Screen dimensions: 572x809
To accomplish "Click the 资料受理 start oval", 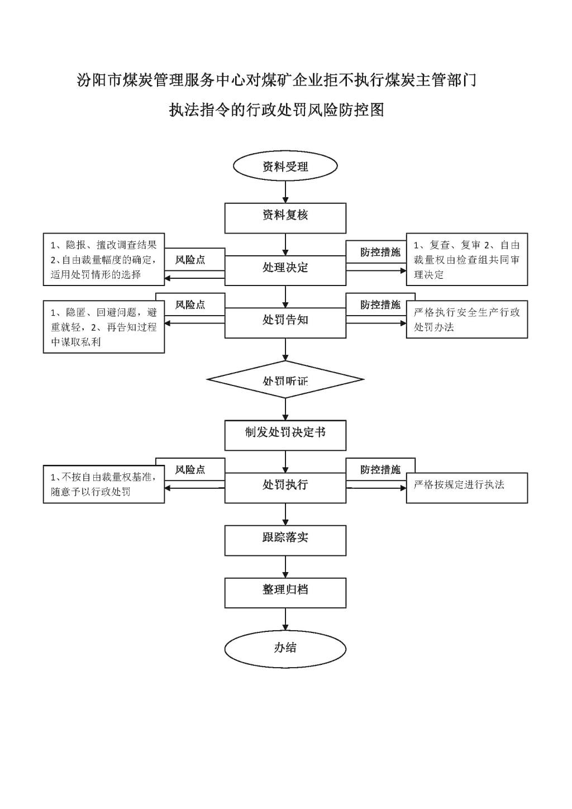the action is coord(285,166).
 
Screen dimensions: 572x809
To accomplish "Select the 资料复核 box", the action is coord(285,218).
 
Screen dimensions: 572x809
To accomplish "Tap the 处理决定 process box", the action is coord(285,270).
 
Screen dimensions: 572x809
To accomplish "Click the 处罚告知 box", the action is coord(285,322).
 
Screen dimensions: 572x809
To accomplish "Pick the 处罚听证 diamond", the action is coord(285,379).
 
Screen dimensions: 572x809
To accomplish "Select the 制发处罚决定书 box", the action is coord(285,435).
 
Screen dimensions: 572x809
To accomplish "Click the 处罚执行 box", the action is coord(285,488).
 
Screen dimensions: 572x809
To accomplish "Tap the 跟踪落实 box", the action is coord(285,540).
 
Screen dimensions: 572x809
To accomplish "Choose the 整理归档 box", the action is coord(285,593).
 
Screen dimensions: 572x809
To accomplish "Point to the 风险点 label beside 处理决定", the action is coord(190,260).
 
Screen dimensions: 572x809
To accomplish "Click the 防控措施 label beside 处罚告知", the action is coord(380,304).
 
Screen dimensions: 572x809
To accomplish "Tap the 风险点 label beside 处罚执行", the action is coord(190,469).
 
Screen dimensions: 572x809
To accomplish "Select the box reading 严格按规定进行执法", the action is coord(467,488).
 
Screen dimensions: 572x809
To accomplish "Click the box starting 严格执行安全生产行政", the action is coord(467,319).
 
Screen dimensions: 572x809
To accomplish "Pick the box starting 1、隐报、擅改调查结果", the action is coord(104,259).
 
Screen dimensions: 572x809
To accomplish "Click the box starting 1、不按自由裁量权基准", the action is coord(104,484).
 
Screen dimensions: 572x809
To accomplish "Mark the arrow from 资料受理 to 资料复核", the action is coord(285,192).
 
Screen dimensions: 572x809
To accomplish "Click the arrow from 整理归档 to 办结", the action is coord(285,620).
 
